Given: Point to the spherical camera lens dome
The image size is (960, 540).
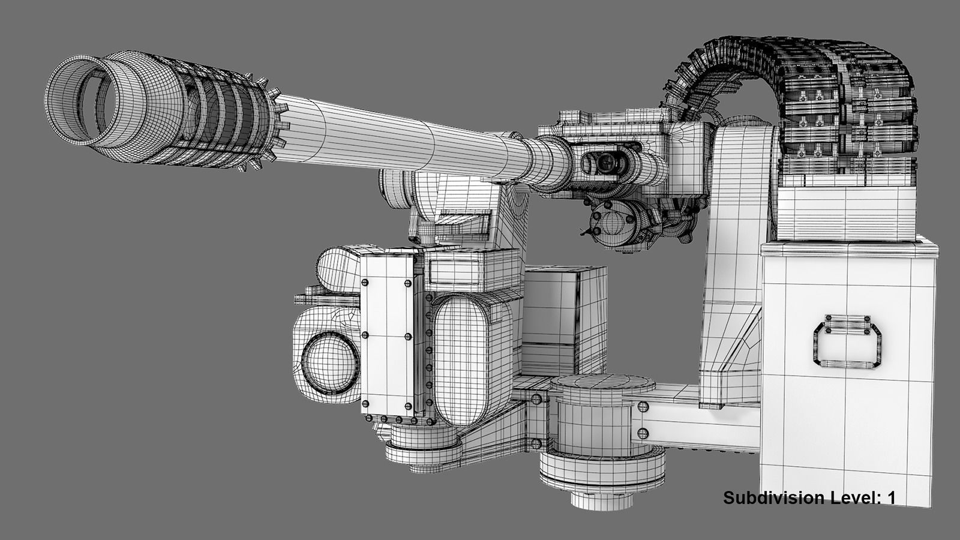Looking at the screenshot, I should tap(329, 362).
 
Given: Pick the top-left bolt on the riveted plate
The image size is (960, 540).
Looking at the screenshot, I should tap(364, 281).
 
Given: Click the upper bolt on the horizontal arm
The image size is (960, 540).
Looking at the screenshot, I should tap(643, 407).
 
